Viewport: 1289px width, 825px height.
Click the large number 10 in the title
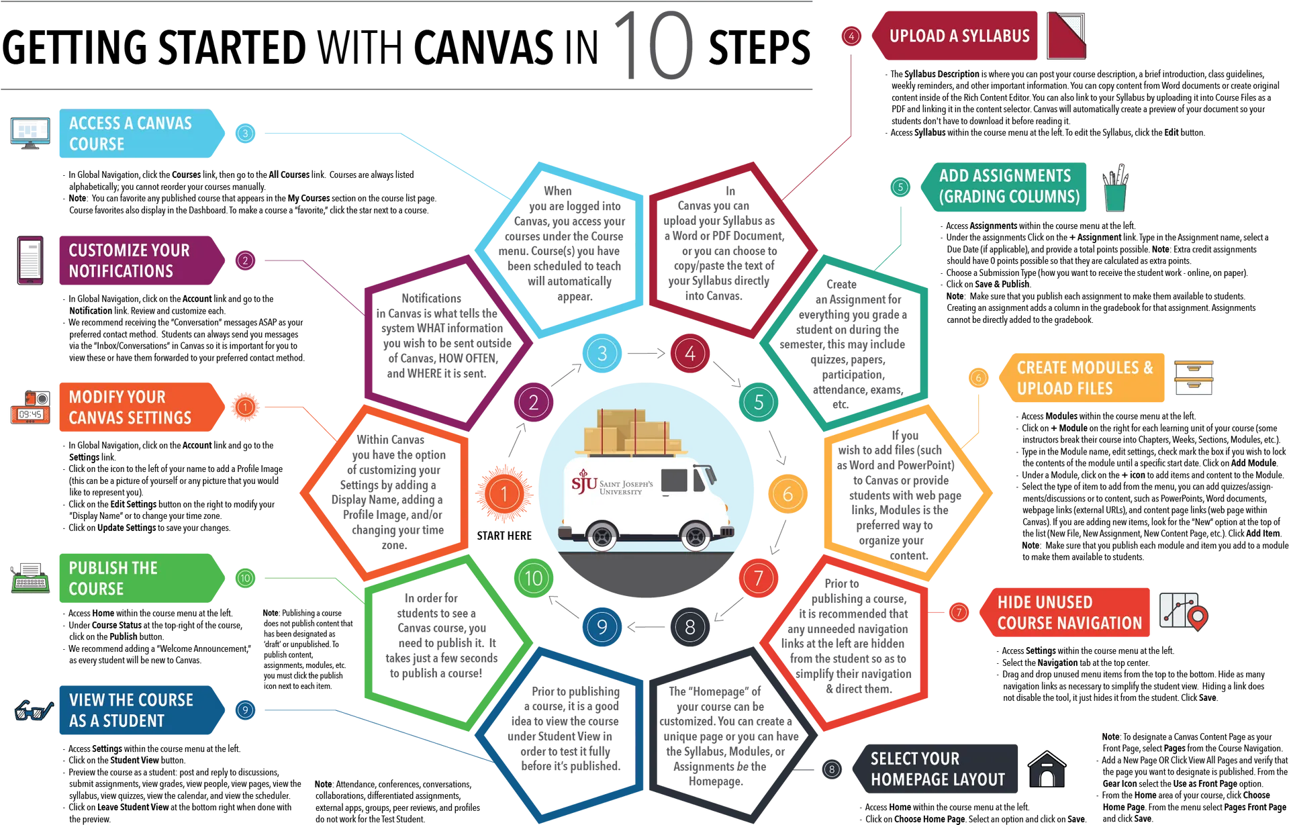[653, 45]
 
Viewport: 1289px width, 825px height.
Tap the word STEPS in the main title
[759, 47]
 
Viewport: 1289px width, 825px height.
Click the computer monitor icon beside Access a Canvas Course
[30, 133]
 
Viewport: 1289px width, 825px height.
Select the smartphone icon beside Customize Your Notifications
[30, 260]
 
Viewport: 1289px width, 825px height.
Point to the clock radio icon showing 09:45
[30, 407]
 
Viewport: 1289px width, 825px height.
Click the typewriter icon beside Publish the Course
[30, 578]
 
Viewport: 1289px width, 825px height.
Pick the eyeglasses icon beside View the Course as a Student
[34, 710]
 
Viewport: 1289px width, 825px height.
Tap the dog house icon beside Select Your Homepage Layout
[1047, 769]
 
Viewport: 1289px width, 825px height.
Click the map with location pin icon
[1184, 610]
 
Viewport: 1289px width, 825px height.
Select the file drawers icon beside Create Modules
[1194, 377]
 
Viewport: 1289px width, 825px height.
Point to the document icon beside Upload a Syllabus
[1066, 35]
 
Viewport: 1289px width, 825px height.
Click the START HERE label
[504, 536]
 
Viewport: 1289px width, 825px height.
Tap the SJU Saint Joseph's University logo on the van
[612, 483]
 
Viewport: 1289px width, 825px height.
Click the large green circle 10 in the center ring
[534, 578]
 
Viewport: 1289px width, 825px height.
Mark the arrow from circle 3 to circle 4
[646, 352]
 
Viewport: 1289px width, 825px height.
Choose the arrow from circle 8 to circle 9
[646, 626]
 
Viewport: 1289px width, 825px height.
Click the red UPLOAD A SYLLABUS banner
[954, 36]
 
